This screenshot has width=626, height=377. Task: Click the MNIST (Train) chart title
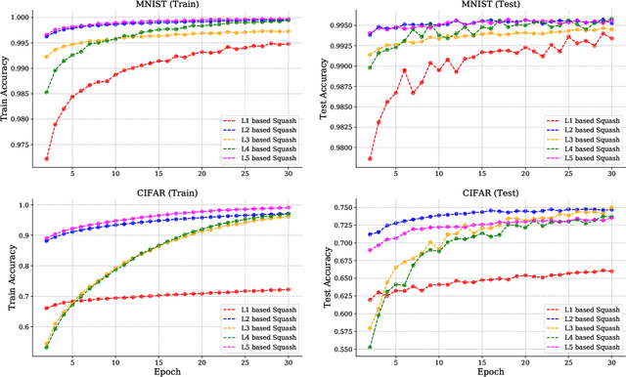coord(168,6)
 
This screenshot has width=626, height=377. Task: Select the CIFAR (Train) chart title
coord(168,192)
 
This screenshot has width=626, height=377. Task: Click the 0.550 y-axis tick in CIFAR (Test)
coord(341,348)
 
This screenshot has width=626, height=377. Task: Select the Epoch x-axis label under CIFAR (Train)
coord(168,370)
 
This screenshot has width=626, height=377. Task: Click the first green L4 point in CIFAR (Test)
coord(370,347)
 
